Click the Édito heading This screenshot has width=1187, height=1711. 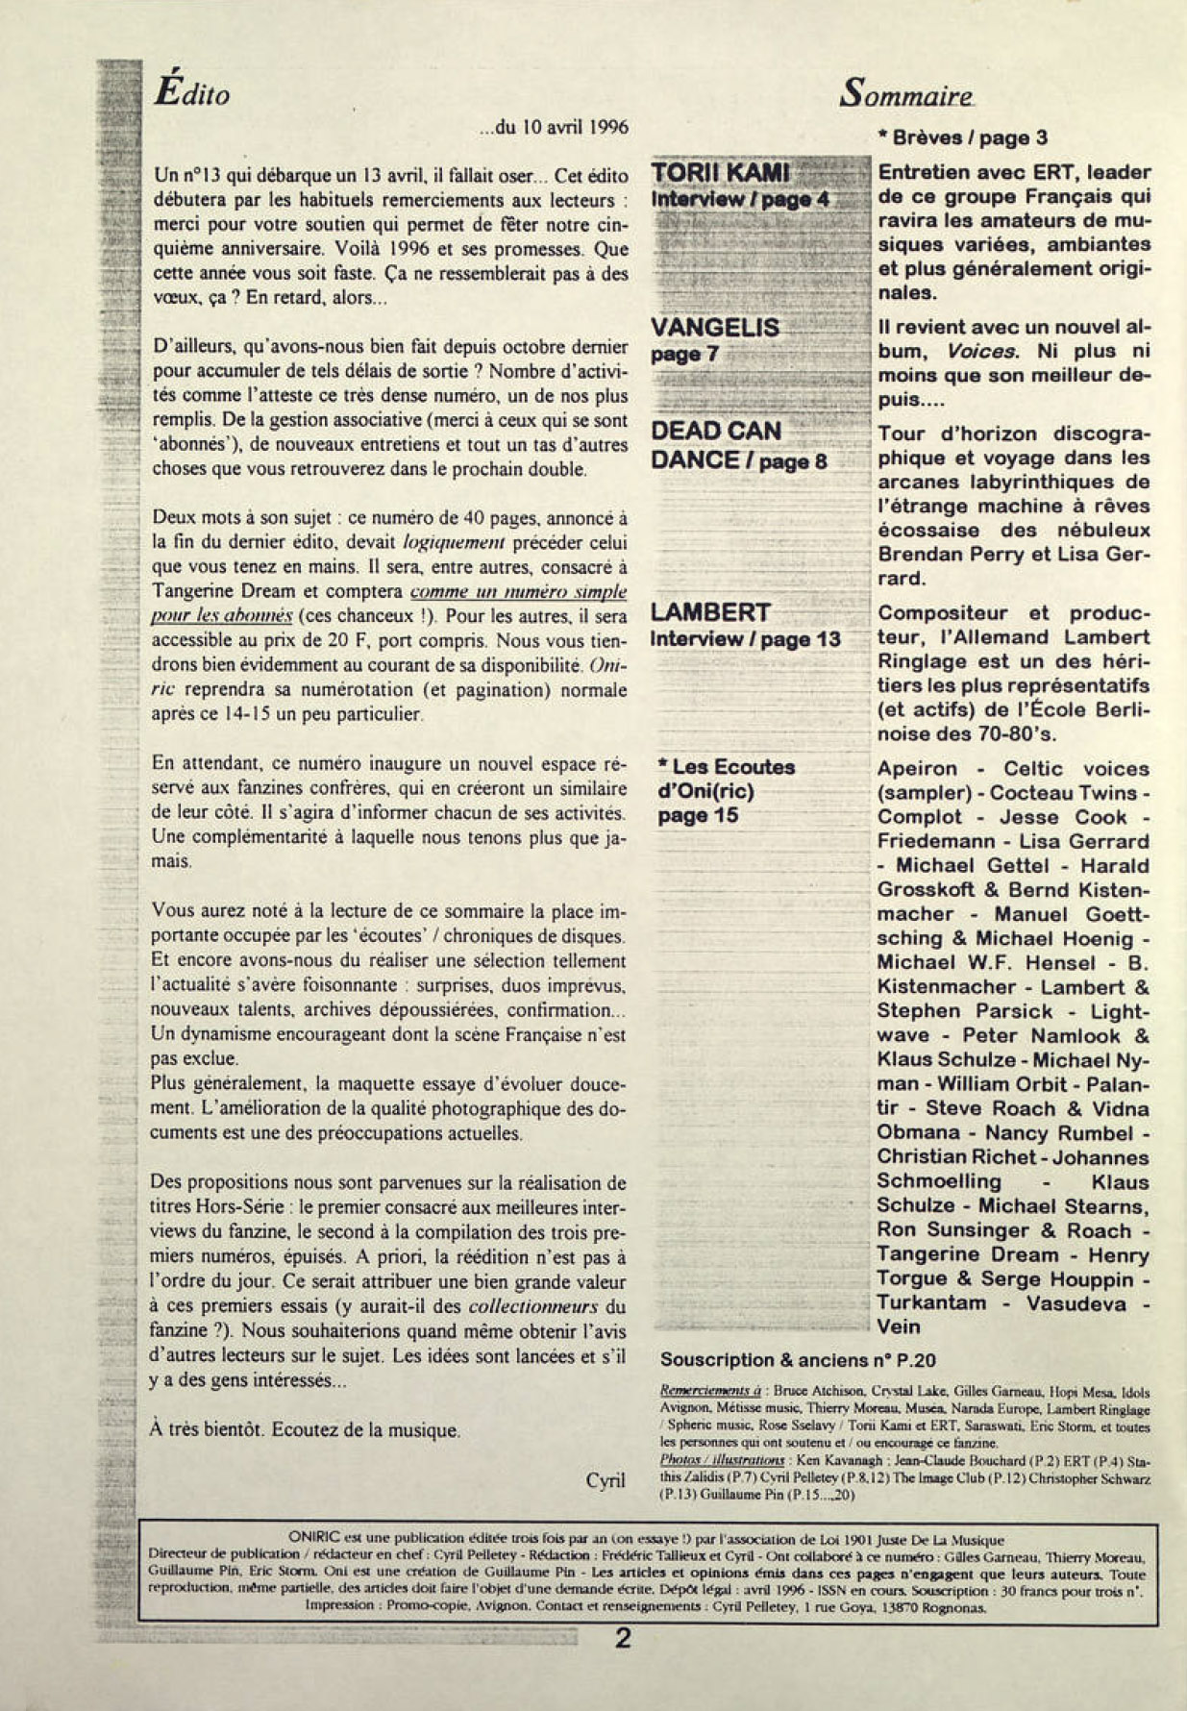tap(192, 92)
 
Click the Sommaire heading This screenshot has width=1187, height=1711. tap(906, 93)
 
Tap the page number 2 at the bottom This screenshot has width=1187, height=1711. tap(623, 1638)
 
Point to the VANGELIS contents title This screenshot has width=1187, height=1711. tap(715, 328)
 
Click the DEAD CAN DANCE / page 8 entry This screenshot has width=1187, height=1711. tap(738, 445)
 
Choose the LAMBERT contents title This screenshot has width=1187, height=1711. tap(710, 612)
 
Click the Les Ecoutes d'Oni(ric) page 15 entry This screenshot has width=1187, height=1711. tap(726, 791)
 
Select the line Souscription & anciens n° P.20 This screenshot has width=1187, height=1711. tap(798, 1359)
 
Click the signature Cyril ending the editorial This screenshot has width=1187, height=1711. tap(606, 1480)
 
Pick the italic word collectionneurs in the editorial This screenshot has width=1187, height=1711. tap(533, 1306)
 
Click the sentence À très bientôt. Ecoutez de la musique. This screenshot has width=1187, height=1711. tap(306, 1429)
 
